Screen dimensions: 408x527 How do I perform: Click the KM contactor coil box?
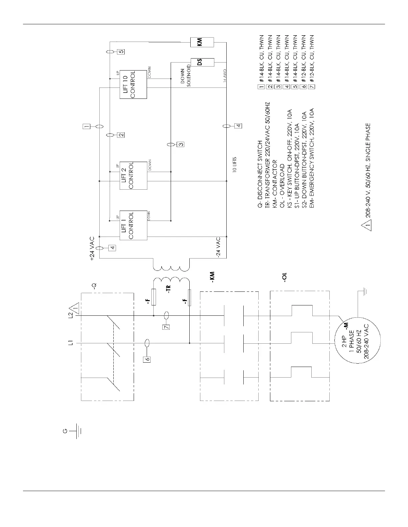(202, 42)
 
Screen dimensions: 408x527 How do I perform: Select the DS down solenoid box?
(202, 62)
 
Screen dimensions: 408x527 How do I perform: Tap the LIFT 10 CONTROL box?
(133, 85)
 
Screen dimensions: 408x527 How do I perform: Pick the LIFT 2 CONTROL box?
(133, 176)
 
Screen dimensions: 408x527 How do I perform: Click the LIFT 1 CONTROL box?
(133, 225)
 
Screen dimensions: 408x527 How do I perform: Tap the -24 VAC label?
(217, 248)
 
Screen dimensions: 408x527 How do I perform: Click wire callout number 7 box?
(166, 326)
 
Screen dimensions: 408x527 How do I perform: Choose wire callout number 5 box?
(121, 52)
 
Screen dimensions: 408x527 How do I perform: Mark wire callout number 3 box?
(180, 144)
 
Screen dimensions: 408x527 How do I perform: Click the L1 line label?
(70, 343)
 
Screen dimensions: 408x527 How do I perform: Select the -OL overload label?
(284, 279)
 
